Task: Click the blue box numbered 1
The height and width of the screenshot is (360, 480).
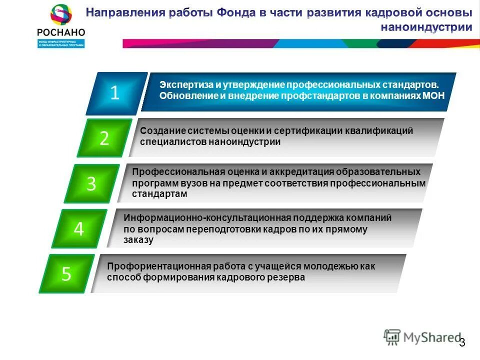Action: (115, 93)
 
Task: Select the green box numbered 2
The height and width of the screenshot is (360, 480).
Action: (104, 138)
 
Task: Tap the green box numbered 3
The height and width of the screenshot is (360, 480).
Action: (91, 183)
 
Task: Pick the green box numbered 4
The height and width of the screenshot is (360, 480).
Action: (79, 228)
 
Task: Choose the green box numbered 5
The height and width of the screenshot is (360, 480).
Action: (66, 273)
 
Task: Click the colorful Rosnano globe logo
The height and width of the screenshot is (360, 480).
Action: (60, 14)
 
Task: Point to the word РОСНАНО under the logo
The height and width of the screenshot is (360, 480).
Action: (61, 32)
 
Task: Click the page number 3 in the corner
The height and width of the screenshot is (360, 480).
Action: (462, 342)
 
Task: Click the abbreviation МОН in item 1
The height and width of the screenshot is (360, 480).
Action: (433, 96)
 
